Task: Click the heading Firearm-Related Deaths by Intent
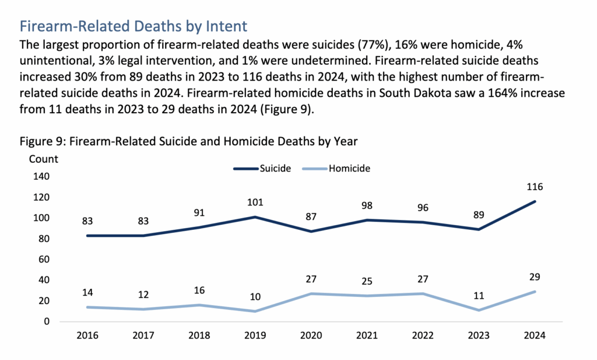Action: (134, 26)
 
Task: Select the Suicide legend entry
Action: (262, 168)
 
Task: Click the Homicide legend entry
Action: (337, 168)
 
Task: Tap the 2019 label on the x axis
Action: (255, 336)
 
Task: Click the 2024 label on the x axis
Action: (535, 336)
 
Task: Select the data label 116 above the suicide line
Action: (535, 187)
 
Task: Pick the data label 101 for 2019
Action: (255, 202)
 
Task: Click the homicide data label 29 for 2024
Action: (535, 277)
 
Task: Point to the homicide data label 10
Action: (255, 297)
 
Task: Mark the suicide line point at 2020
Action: (311, 232)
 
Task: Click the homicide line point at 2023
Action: (479, 310)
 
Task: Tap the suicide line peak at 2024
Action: (535, 201)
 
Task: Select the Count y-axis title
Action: (43, 159)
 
